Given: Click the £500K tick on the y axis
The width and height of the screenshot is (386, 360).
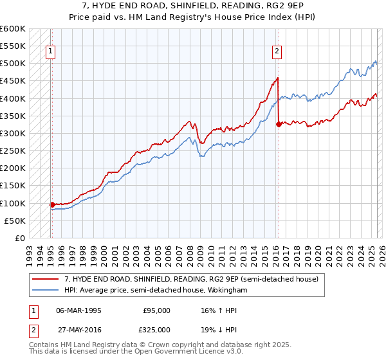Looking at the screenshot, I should (x=13, y=64).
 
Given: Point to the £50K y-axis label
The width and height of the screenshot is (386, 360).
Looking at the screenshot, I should (x=15, y=221).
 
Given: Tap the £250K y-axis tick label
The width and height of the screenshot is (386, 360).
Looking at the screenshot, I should (x=13, y=150).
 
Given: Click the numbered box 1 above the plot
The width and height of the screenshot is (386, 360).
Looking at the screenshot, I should (x=50, y=53).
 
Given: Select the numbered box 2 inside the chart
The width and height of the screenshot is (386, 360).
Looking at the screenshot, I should (x=277, y=53).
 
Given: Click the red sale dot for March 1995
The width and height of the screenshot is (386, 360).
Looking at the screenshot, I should (x=52, y=204).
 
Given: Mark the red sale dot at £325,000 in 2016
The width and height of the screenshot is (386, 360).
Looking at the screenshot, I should (x=279, y=125).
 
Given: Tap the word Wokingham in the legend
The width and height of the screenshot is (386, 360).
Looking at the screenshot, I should (x=226, y=291).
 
